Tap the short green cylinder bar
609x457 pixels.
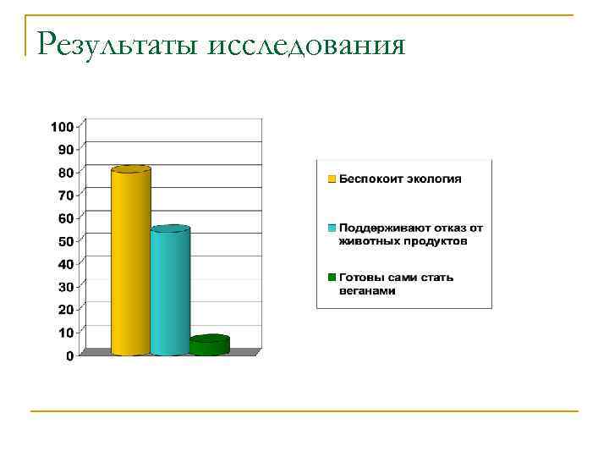tap(209, 345)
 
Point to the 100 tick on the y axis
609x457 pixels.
tap(62, 127)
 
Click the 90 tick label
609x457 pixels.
tap(65, 150)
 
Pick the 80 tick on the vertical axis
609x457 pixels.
tap(65, 173)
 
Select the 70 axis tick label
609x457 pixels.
tap(65, 195)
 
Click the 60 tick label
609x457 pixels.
tap(65, 218)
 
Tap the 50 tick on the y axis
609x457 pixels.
tap(65, 241)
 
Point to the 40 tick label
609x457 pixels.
tap(65, 264)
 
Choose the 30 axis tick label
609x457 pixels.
tap(65, 287)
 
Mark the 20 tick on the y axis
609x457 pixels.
tap(65, 310)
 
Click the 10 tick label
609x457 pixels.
tap(65, 333)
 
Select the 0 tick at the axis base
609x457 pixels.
tap(69, 356)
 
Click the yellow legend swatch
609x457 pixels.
tap(332, 179)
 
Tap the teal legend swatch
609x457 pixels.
tap(332, 228)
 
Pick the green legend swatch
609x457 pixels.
tap(332, 277)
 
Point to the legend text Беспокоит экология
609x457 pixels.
tap(401, 179)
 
